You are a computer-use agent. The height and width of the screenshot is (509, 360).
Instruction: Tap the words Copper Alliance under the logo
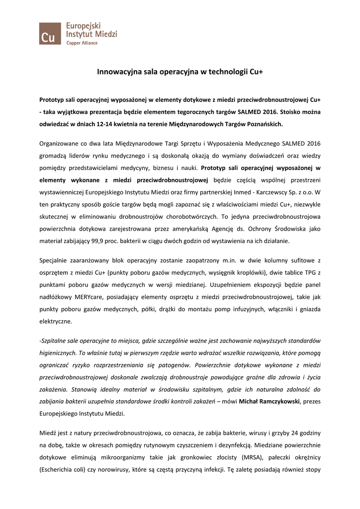click(x=82, y=43)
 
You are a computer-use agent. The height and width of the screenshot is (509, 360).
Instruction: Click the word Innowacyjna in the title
click(x=117, y=72)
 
